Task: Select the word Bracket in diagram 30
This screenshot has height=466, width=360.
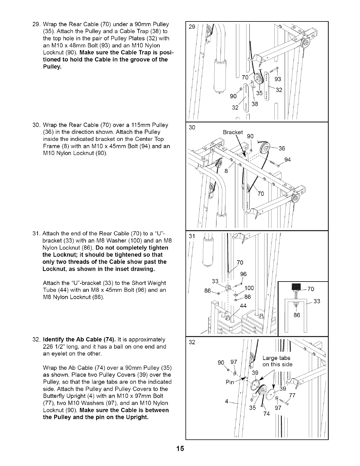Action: point(233,132)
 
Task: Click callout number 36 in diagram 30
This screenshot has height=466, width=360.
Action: point(281,148)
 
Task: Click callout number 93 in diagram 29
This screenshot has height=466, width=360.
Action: point(278,79)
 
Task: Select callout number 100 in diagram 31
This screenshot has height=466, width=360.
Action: point(249,287)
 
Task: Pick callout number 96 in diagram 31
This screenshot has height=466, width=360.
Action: point(243,274)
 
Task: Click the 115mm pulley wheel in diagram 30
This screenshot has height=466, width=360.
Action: point(269,148)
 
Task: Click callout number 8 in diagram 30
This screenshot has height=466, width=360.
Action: point(226,171)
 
